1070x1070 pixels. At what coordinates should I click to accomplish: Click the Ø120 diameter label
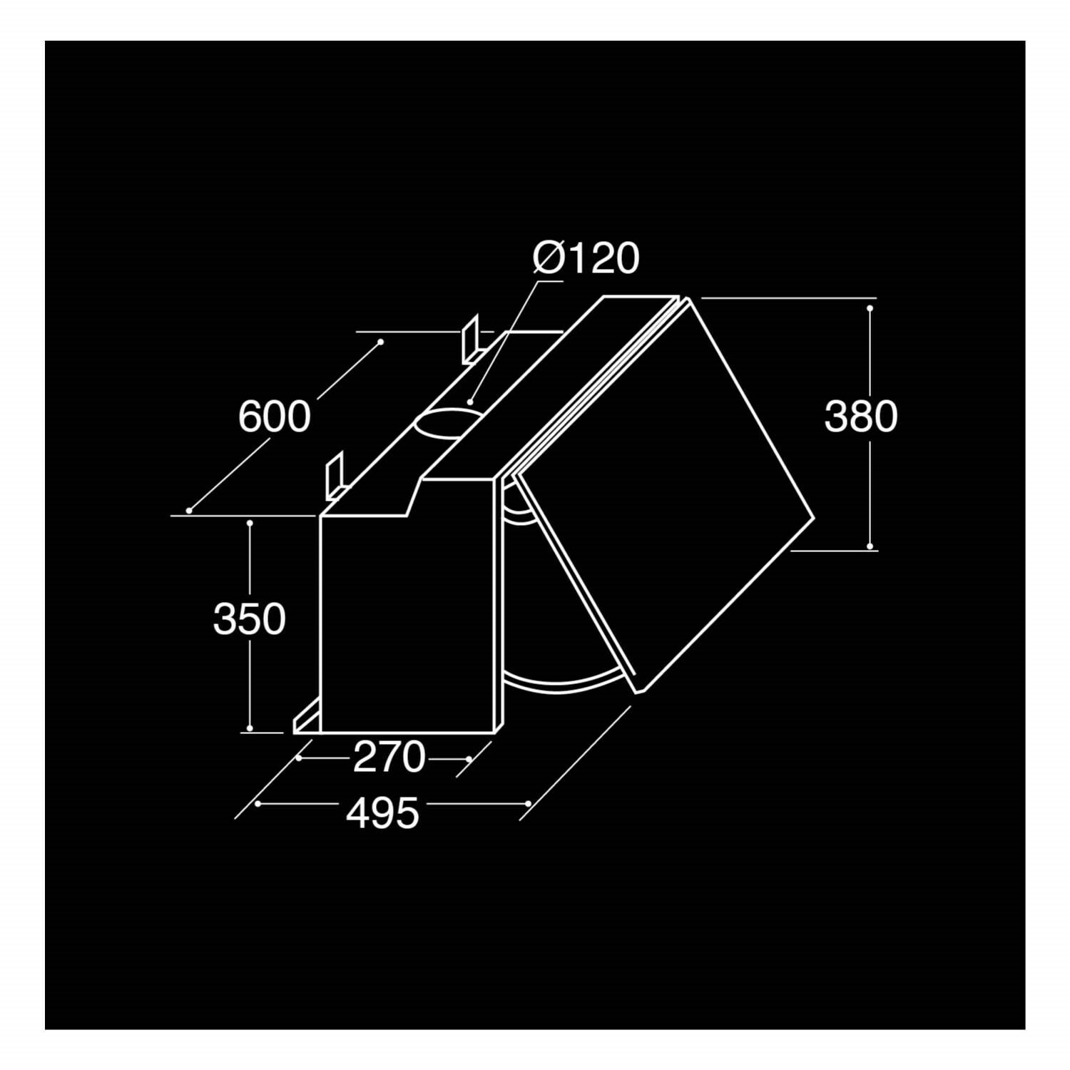pyautogui.click(x=586, y=258)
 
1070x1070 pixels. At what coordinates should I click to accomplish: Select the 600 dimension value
pyautogui.click(x=274, y=417)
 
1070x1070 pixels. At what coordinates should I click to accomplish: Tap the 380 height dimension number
pyautogui.click(x=860, y=417)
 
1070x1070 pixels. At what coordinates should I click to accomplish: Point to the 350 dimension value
pyautogui.click(x=249, y=618)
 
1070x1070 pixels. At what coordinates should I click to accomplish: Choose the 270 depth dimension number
pyautogui.click(x=389, y=758)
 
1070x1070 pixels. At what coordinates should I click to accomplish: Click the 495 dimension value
pyautogui.click(x=382, y=812)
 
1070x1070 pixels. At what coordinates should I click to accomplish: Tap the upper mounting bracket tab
pyautogui.click(x=471, y=340)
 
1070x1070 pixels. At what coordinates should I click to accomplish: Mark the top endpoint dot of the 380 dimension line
pyautogui.click(x=870, y=308)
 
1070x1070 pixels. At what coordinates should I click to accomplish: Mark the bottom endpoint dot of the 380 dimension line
pyautogui.click(x=870, y=546)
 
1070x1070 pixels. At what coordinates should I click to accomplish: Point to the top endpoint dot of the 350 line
pyautogui.click(x=250, y=523)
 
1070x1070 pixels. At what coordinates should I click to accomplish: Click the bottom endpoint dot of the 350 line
pyautogui.click(x=250, y=728)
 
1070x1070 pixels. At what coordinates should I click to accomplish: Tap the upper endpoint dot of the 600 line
pyautogui.click(x=381, y=342)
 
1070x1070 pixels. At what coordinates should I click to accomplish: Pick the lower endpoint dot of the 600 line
pyautogui.click(x=189, y=510)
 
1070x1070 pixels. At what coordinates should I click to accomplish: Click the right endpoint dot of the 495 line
pyautogui.click(x=527, y=803)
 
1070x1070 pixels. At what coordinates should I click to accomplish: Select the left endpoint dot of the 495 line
pyautogui.click(x=258, y=804)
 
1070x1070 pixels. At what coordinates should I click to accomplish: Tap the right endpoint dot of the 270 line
pyautogui.click(x=468, y=758)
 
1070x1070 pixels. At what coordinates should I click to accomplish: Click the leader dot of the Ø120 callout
pyautogui.click(x=471, y=402)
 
